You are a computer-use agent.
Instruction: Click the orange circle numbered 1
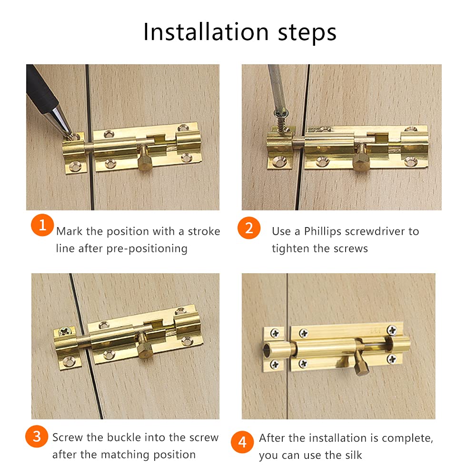click(x=42, y=225)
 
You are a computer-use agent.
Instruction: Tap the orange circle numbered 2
click(x=249, y=228)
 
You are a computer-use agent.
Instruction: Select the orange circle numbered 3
click(x=37, y=436)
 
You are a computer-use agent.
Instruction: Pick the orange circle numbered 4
click(x=242, y=442)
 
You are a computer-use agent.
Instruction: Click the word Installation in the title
click(x=206, y=32)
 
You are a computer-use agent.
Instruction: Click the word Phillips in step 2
click(x=322, y=232)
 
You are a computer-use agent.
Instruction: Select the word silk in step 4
click(x=353, y=455)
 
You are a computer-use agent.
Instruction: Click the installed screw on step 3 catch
click(x=65, y=331)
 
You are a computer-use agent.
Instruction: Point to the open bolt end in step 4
click(x=267, y=350)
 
